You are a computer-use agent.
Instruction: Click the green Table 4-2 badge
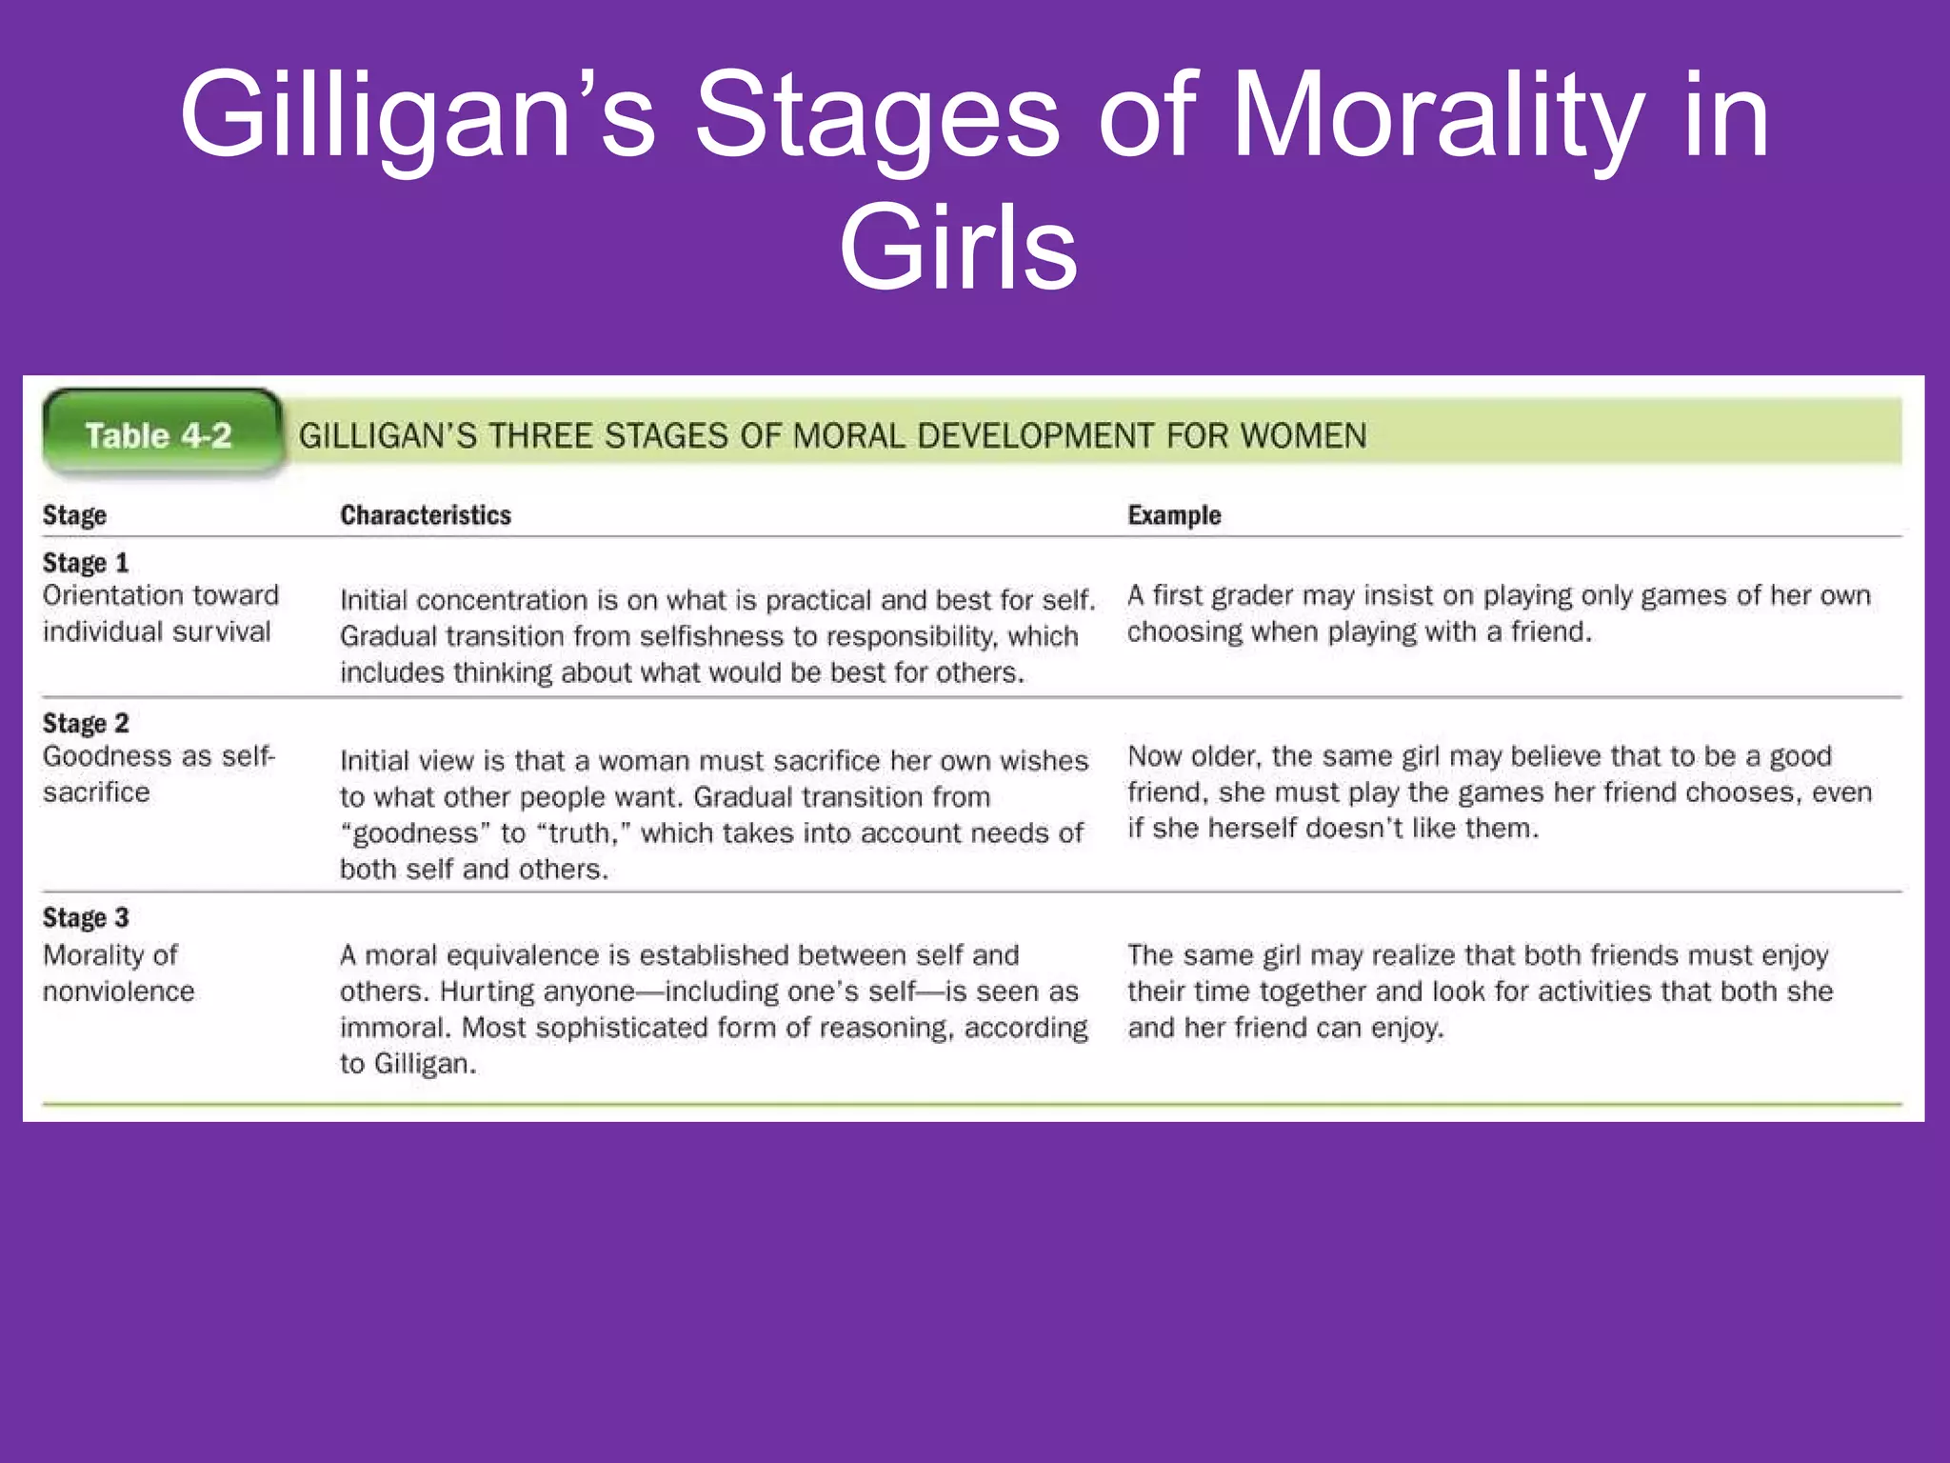(159, 435)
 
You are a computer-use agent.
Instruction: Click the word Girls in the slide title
(958, 248)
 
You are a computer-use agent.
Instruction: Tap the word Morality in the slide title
(1438, 116)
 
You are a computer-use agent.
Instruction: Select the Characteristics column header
(426, 515)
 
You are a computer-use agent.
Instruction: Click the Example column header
(1174, 515)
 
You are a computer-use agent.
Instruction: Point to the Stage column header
(74, 515)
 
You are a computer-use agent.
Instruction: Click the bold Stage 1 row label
(86, 563)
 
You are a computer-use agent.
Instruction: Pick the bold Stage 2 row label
(86, 724)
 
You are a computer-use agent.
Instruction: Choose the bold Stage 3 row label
(86, 918)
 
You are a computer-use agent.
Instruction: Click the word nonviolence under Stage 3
(119, 992)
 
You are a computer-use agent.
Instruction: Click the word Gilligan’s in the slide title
(418, 116)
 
